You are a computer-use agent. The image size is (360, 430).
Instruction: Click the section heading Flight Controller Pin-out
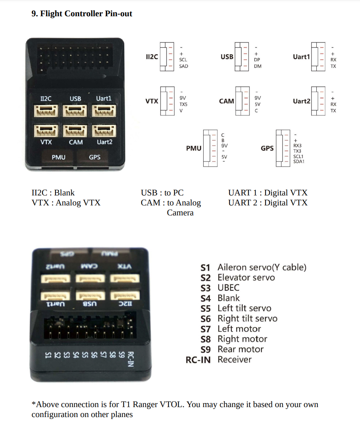[x=82, y=14]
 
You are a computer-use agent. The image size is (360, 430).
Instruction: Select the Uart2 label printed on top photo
[x=104, y=142]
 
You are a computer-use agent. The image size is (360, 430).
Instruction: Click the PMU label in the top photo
[x=58, y=157]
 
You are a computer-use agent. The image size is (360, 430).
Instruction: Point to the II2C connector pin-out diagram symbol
[x=167, y=57]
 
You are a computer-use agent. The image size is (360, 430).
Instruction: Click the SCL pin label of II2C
[x=183, y=59]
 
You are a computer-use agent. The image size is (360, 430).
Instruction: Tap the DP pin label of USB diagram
[x=257, y=59]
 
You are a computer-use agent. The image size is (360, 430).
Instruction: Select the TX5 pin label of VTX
[x=183, y=105]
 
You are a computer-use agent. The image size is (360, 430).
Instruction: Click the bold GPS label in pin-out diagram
[x=267, y=149]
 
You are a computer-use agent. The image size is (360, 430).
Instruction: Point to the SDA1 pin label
[x=299, y=161]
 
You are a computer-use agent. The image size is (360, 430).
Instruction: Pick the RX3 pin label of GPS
[x=297, y=146]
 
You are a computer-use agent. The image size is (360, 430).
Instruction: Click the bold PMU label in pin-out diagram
[x=194, y=149]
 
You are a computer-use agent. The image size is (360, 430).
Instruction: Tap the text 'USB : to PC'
[x=162, y=193]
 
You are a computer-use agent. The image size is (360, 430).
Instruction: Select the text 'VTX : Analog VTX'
[x=66, y=203]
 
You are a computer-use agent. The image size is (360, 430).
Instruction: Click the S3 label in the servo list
[x=206, y=288]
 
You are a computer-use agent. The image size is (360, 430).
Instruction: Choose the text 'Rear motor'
[x=241, y=349]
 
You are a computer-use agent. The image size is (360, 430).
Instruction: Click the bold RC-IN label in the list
[x=198, y=360]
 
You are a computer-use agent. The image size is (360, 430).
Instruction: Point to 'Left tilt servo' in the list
[x=244, y=308]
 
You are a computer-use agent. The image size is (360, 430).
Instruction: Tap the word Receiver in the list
[x=234, y=360]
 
